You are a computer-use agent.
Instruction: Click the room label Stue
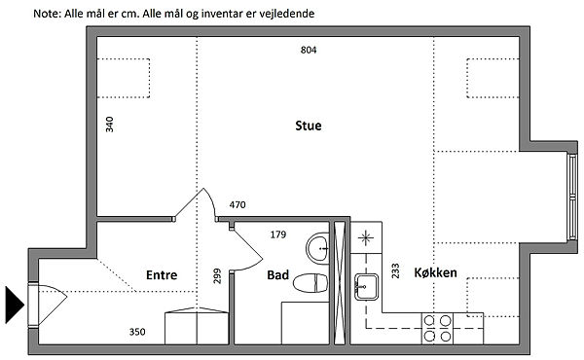pos(308,126)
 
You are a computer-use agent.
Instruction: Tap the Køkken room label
pos(435,272)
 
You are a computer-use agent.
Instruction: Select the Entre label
pos(162,275)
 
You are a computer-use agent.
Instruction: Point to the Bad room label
pos(277,275)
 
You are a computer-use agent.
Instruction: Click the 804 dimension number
pos(309,50)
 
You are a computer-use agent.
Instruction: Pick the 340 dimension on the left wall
pos(109,125)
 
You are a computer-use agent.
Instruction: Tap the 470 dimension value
pos(237,204)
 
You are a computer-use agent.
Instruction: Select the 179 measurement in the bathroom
pos(278,234)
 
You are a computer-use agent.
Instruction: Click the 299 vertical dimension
pos(217,276)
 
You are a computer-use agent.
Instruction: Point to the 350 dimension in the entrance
pos(137,332)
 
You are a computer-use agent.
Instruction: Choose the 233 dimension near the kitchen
pos(395,271)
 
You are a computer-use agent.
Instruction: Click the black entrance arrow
pos(15,305)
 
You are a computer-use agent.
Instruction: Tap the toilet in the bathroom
pos(310,283)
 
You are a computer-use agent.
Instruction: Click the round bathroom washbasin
pos(317,248)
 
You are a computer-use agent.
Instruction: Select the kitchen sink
pos(366,287)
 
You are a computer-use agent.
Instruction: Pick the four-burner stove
pos(438,328)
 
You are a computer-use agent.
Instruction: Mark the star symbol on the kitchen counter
pos(365,237)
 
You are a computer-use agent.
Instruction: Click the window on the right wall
pos(572,198)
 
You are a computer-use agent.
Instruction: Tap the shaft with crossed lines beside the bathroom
pos(340,283)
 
